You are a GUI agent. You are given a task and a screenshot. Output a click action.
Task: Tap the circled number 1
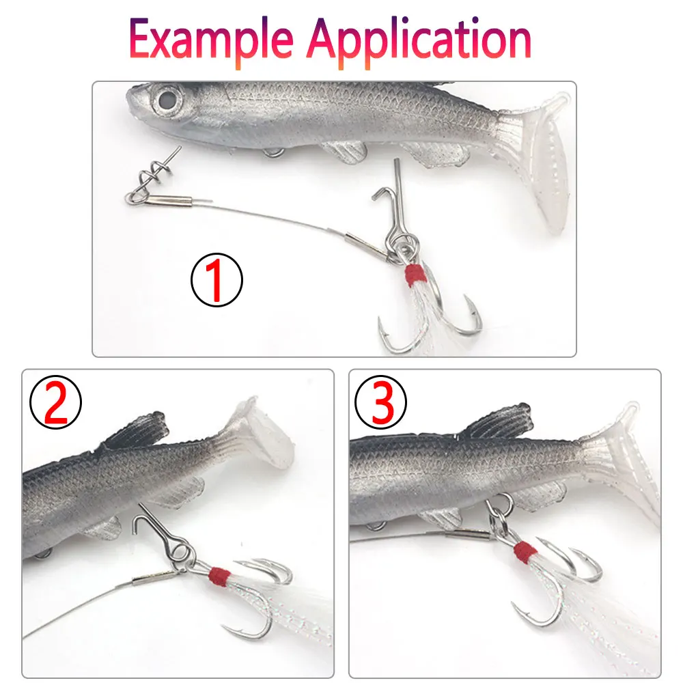click(217, 279)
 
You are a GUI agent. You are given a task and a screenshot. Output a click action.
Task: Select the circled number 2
click(55, 402)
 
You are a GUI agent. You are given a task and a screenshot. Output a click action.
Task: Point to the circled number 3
click(380, 402)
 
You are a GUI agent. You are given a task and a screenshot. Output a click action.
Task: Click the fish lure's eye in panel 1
click(166, 100)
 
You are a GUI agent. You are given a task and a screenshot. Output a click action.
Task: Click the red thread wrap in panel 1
click(415, 275)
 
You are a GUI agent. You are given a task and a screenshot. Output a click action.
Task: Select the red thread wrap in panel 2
click(219, 576)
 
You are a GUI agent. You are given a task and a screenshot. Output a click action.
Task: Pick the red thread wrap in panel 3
click(525, 552)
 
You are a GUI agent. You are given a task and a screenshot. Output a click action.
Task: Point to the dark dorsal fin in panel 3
click(497, 420)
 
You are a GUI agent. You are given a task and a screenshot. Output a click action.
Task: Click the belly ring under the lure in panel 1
click(273, 152)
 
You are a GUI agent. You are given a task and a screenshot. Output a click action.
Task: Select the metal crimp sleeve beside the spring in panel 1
click(169, 201)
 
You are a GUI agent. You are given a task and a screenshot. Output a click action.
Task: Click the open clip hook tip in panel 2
click(135, 532)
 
